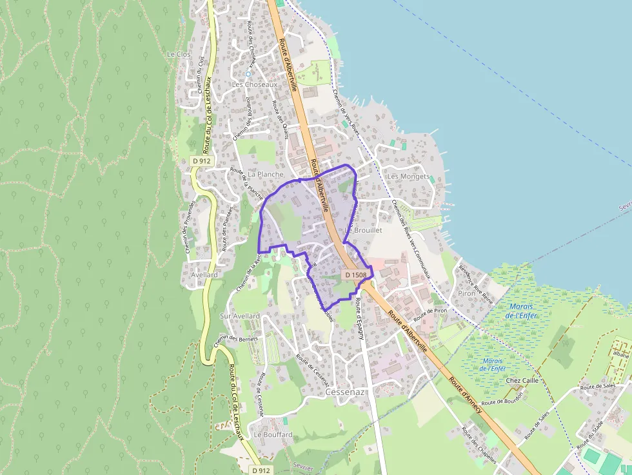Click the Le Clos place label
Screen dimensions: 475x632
click(x=179, y=54)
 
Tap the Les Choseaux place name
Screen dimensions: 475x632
click(x=254, y=84)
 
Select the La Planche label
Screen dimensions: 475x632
click(x=266, y=174)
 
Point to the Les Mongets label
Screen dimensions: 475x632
click(x=408, y=176)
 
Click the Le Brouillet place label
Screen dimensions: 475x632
click(x=365, y=229)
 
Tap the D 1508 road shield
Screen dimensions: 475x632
click(x=355, y=275)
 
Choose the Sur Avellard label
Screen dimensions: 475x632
click(x=240, y=316)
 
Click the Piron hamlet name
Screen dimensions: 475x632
click(x=467, y=293)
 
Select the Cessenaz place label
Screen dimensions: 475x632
click(x=346, y=392)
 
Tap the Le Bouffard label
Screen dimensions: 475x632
click(x=273, y=434)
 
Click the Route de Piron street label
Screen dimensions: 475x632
click(x=431, y=315)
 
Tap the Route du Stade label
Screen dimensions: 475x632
click(x=589, y=436)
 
